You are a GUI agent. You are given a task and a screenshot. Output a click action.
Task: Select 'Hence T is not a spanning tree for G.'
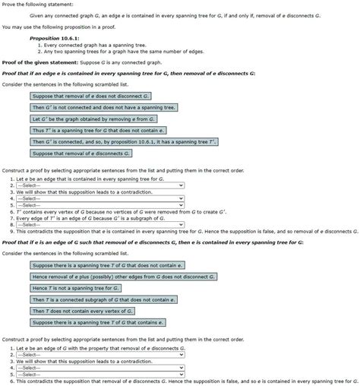coord(76,288)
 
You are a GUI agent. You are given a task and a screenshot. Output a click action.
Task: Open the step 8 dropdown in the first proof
coord(99,226)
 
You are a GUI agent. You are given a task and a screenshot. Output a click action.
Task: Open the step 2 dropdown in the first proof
coord(99,185)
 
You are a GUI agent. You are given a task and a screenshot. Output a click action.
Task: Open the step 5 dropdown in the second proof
coord(99,374)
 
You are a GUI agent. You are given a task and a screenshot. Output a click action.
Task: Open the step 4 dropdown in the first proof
coord(99,198)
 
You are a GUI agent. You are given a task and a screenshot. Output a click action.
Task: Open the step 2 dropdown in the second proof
coord(99,354)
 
